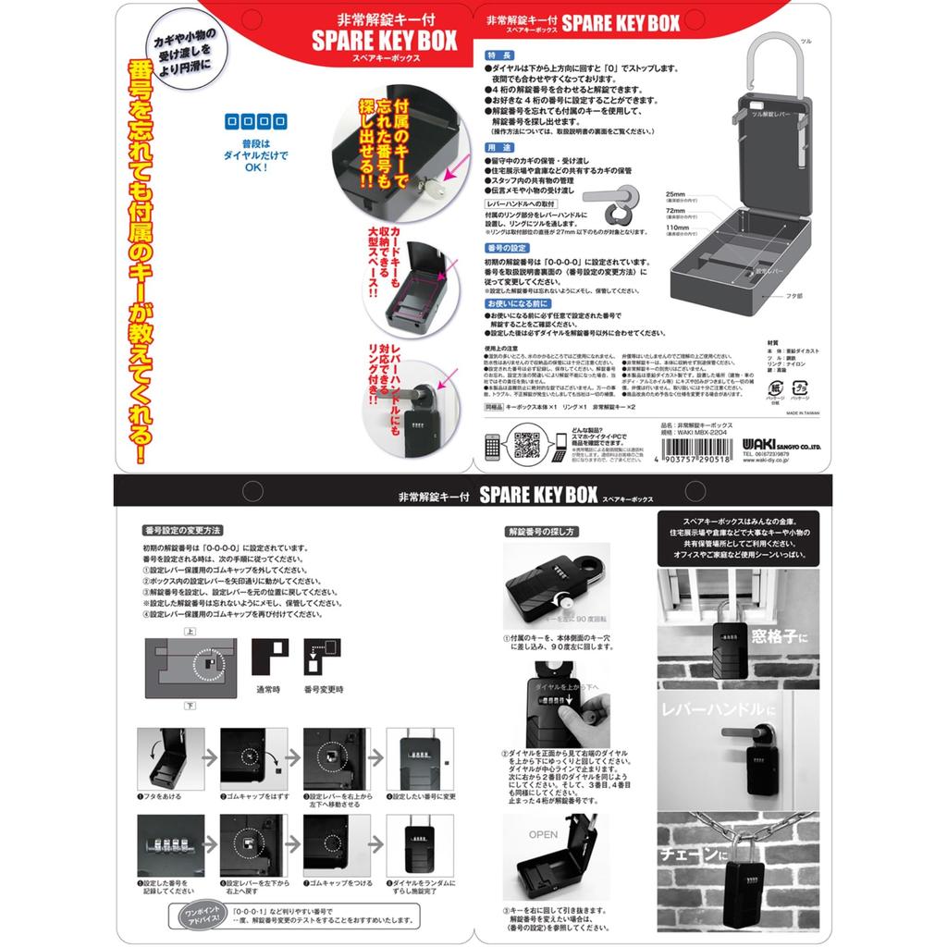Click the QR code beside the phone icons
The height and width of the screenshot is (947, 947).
[527, 445]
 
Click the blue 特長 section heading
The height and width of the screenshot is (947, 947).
[498, 55]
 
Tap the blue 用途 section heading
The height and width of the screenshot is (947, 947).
[498, 147]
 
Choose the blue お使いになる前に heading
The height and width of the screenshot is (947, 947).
[517, 302]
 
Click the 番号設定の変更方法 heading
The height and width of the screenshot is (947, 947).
[182, 531]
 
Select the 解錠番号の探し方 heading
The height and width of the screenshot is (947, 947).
[541, 532]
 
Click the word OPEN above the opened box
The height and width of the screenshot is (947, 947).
[544, 833]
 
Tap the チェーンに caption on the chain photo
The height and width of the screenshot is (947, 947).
[690, 857]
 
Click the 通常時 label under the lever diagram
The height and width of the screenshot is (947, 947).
[269, 689]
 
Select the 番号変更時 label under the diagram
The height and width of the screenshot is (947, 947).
[324, 689]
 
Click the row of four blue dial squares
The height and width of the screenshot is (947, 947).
[251, 121]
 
